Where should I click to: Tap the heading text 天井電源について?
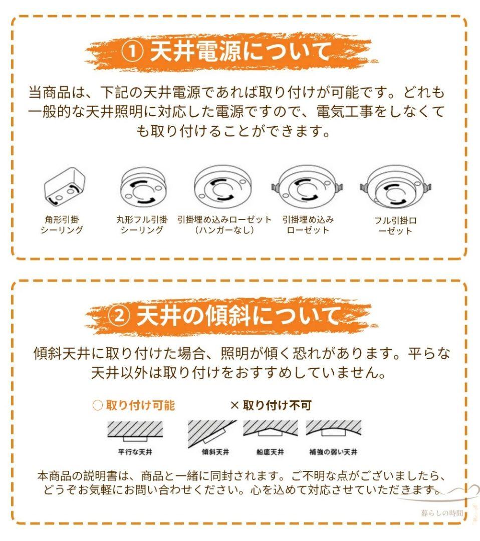point(241,52)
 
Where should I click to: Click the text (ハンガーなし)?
point(224,230)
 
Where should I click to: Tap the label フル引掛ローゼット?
point(395,226)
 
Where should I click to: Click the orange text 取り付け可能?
point(140,405)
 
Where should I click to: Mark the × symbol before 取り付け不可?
point(234,405)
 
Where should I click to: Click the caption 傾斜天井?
point(215,452)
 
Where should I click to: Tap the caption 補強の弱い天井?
point(333,452)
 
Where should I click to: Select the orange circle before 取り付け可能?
point(97,405)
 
